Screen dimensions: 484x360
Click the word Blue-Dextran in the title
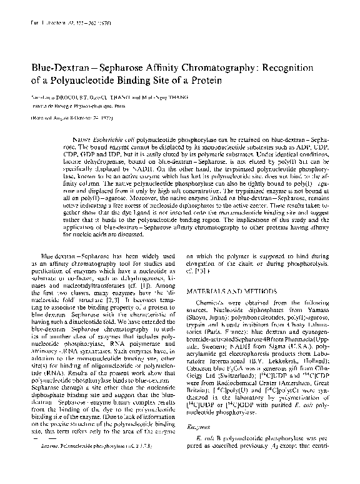51,67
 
